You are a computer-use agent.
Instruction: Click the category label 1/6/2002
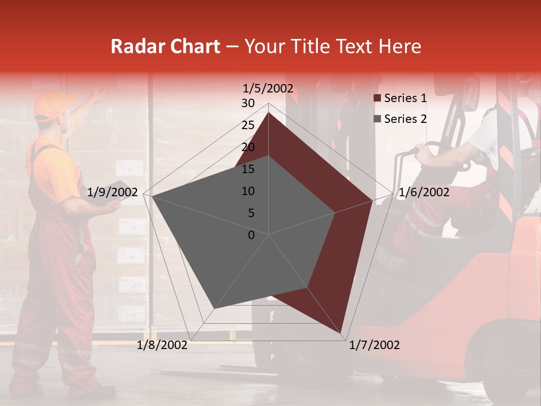point(424,192)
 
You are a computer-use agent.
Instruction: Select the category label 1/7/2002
point(374,345)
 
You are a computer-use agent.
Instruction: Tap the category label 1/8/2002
point(162,345)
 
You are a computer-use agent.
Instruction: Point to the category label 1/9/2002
point(113,192)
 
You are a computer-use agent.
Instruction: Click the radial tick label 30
point(248,103)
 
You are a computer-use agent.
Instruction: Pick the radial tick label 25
point(248,125)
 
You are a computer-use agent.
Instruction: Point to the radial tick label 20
point(248,147)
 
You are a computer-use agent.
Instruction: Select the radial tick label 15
point(248,169)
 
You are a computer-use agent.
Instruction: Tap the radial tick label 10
point(248,191)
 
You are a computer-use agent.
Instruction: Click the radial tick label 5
point(251,213)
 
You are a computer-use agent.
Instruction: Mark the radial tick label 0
point(251,235)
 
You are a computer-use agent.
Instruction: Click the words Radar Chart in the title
point(165,46)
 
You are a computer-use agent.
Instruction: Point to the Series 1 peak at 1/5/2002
point(269,113)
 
